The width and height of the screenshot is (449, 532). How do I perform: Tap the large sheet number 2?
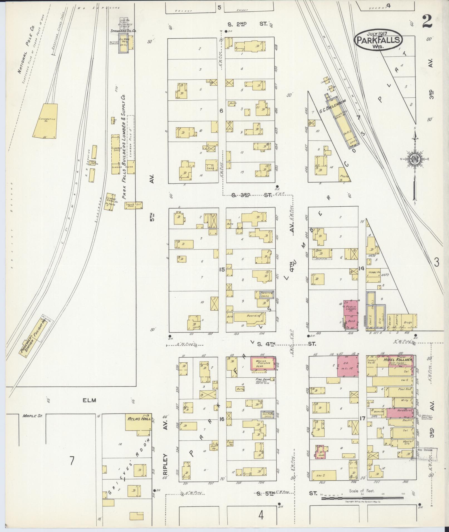pos(427,22)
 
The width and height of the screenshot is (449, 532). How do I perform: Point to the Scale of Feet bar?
pos(362,499)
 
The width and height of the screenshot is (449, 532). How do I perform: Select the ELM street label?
pos(89,400)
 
